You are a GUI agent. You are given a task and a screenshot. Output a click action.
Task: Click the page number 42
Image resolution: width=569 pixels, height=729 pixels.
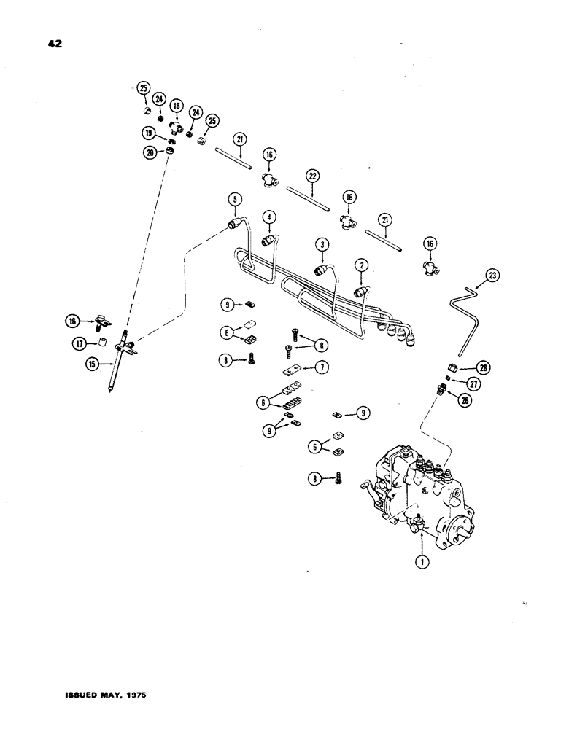[x=52, y=44]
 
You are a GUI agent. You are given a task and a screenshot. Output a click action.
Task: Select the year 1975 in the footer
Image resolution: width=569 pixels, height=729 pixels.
[x=133, y=697]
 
